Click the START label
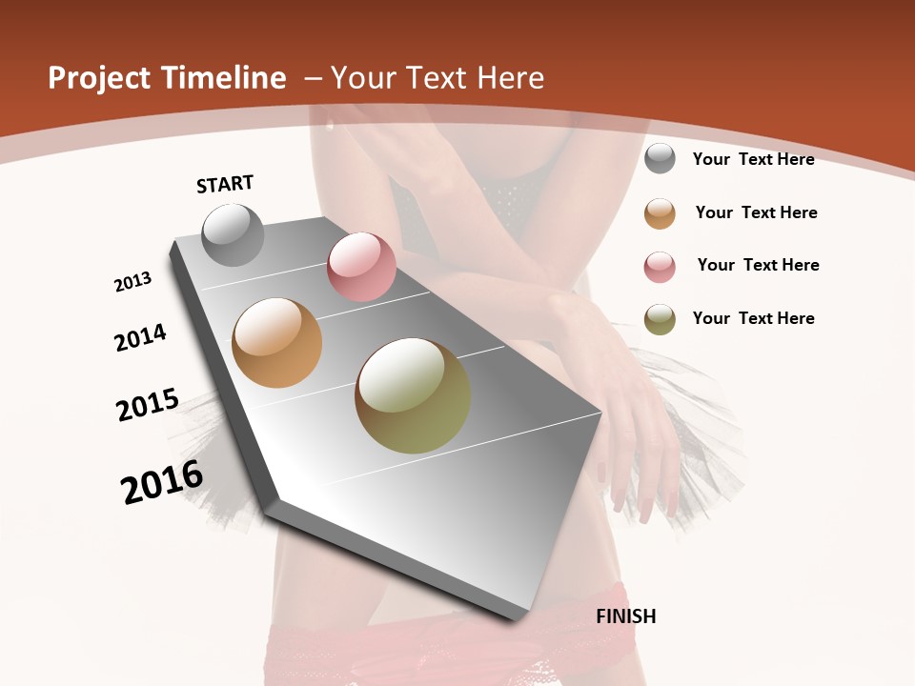pyautogui.click(x=225, y=184)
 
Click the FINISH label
pyautogui.click(x=626, y=616)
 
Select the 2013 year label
pyautogui.click(x=133, y=282)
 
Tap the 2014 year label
pyautogui.click(x=141, y=337)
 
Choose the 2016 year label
pyautogui.click(x=162, y=481)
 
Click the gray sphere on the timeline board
pyautogui.click(x=234, y=234)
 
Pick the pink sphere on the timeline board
pyautogui.click(x=361, y=267)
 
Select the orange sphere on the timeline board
pyautogui.click(x=277, y=343)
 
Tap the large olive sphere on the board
pyautogui.click(x=413, y=395)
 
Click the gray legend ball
pyautogui.click(x=660, y=158)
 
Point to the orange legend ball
pyautogui.click(x=660, y=213)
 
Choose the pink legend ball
pyautogui.click(x=660, y=267)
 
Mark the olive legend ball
pyautogui.click(x=660, y=319)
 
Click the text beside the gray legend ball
pyautogui.click(x=753, y=159)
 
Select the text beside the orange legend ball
pyautogui.click(x=756, y=212)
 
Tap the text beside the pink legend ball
pyautogui.click(x=758, y=265)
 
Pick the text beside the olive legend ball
pyautogui.click(x=753, y=318)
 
